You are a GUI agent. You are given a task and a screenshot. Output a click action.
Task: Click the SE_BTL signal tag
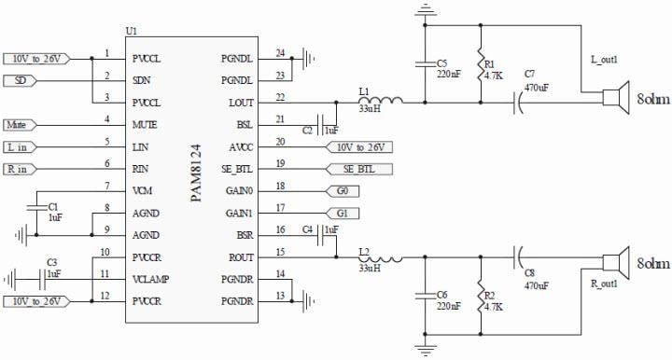(x=358, y=169)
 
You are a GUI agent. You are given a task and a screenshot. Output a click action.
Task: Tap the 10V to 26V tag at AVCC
(x=360, y=146)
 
